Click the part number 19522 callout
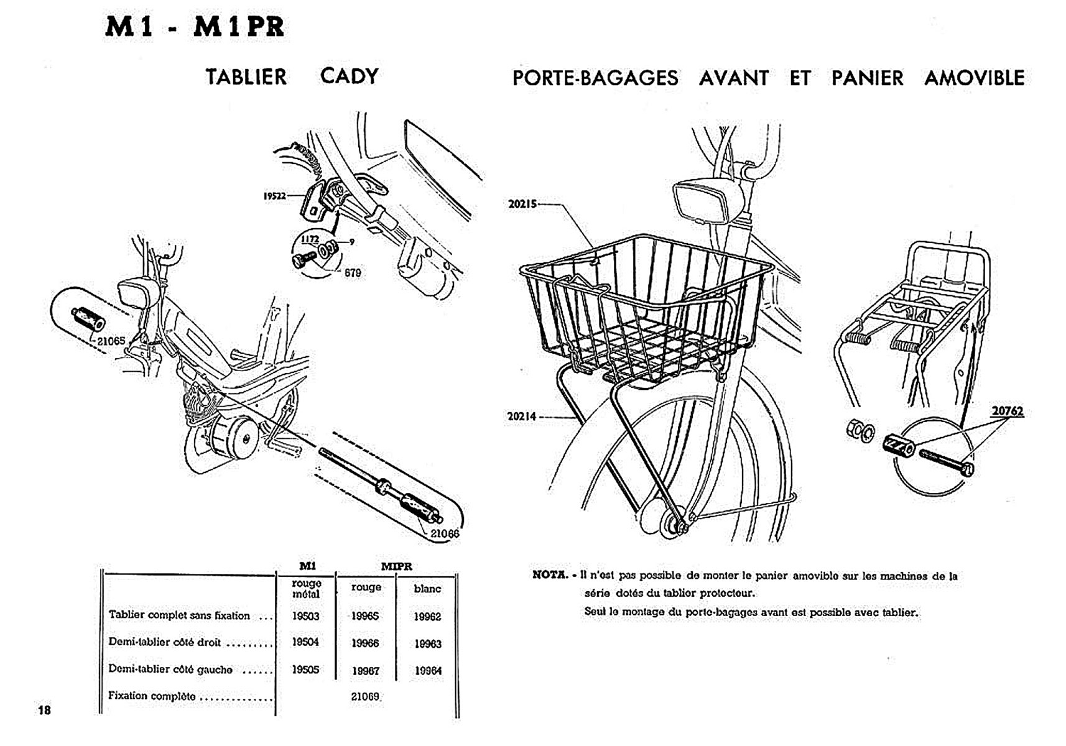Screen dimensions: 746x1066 pos(274,196)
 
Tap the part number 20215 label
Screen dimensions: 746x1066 pos(522,204)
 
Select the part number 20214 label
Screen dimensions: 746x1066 pos(521,417)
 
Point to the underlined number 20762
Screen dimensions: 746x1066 pos(1007,411)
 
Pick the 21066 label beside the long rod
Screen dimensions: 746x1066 pos(445,533)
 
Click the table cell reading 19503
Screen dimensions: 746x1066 pos(305,615)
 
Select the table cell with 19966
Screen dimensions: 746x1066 pos(365,643)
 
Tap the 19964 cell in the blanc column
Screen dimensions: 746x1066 pos(428,670)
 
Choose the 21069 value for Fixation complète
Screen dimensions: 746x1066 pos(365,696)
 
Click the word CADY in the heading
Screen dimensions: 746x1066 pos(349,76)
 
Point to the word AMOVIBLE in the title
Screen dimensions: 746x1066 pos(974,78)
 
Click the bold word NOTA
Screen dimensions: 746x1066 pos(550,575)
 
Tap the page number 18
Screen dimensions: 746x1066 pos(44,710)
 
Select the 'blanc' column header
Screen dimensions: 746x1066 pos(427,588)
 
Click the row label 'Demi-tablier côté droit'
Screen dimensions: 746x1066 pos(165,642)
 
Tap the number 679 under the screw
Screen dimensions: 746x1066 pos(353,273)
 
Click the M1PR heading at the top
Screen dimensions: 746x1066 pos(238,27)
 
